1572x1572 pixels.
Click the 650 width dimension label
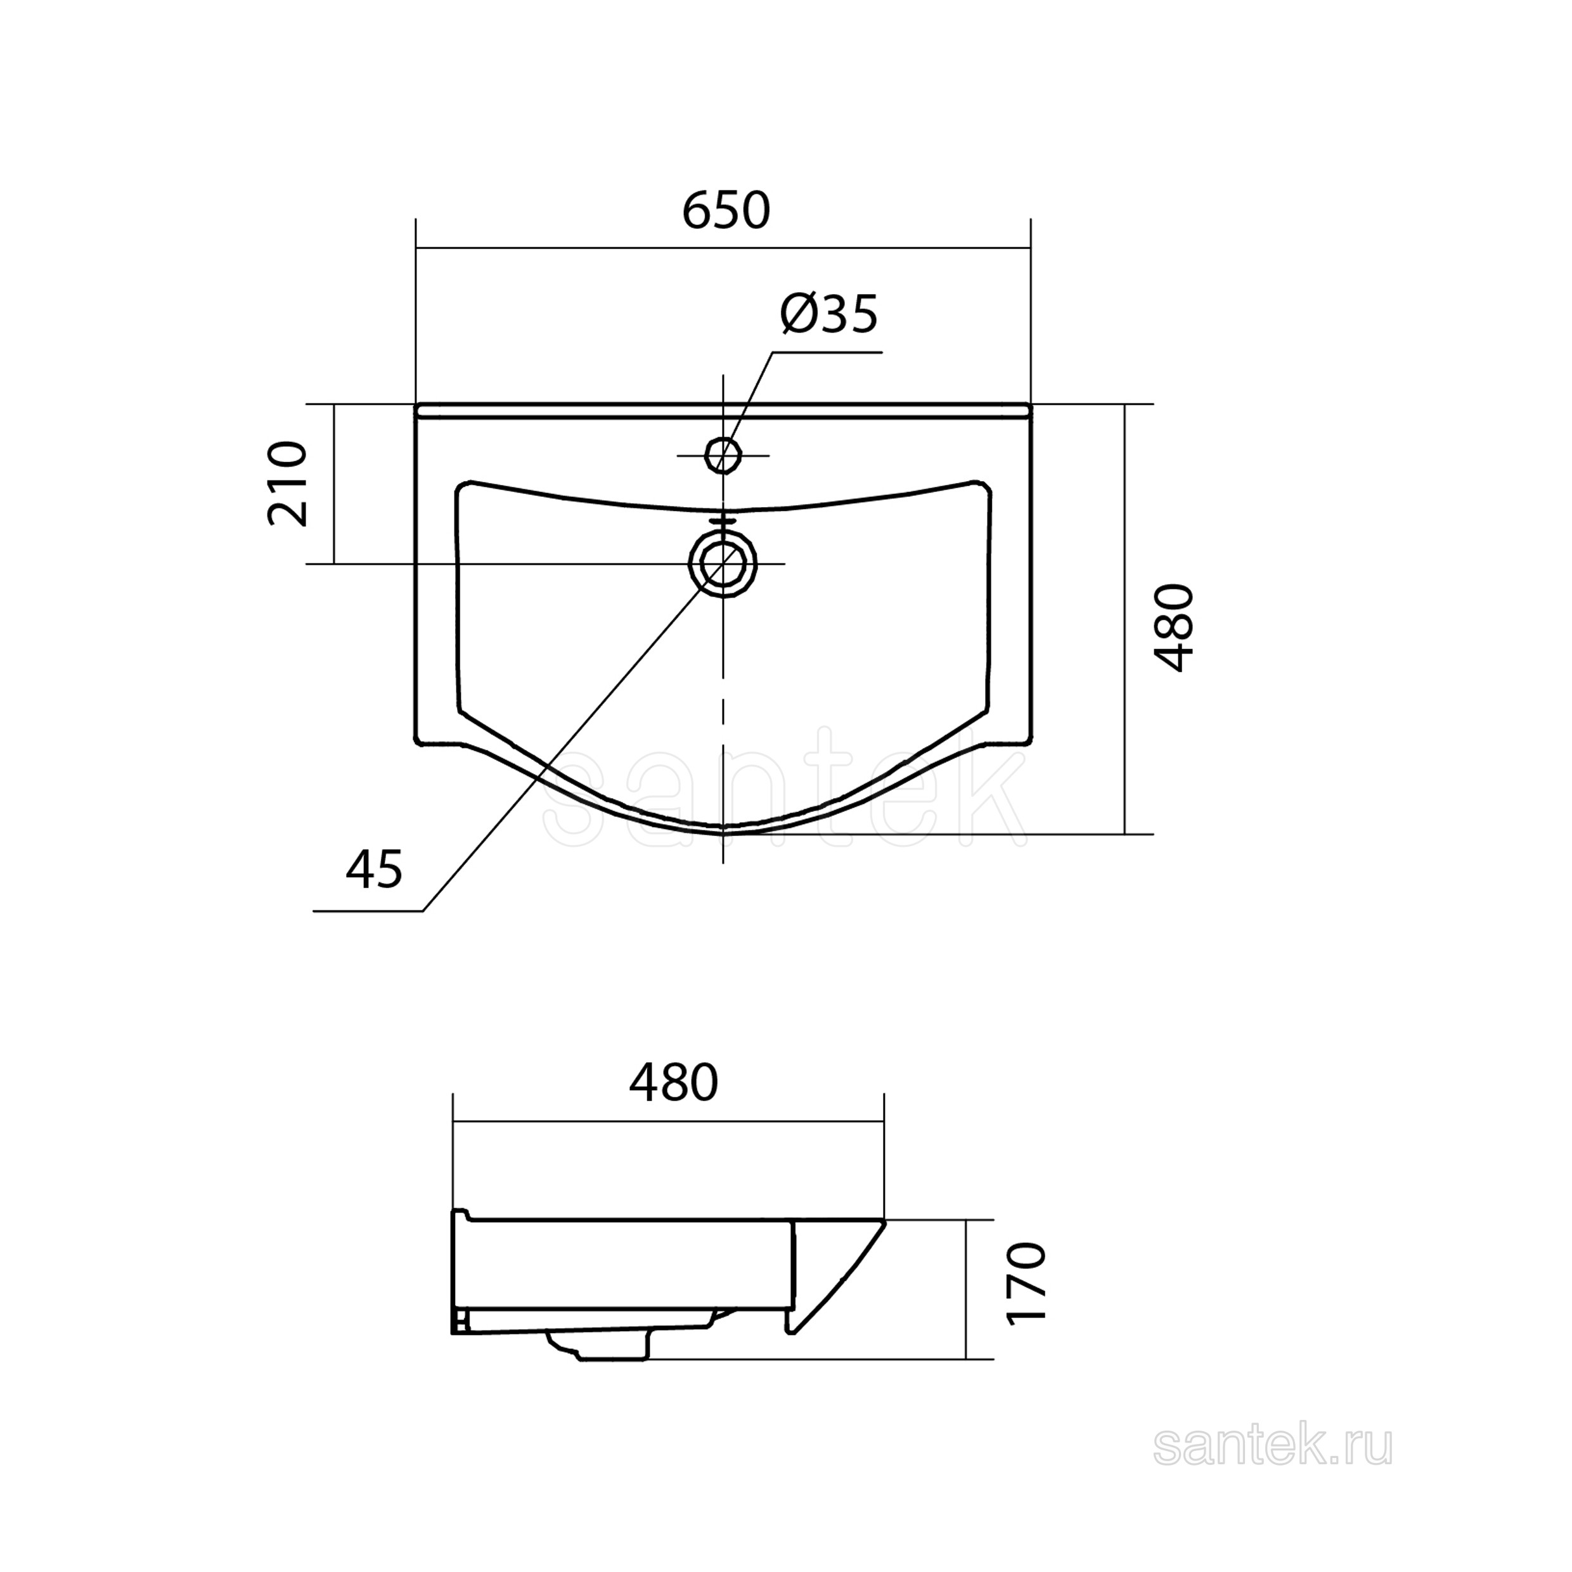(725, 210)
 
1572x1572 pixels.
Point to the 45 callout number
(374, 868)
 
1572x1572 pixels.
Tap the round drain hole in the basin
(723, 564)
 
